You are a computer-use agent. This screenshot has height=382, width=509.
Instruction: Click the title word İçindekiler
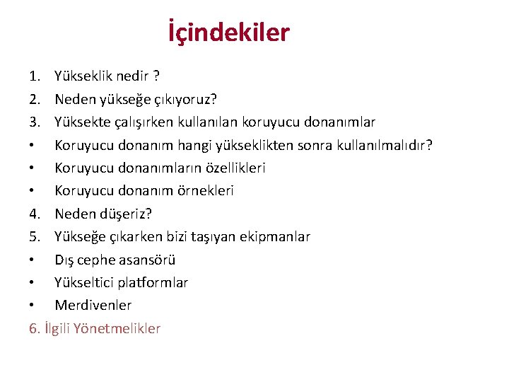point(229,33)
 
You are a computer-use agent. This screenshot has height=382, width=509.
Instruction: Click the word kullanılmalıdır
point(381,145)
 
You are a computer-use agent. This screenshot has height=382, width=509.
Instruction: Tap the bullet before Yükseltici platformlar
point(33,283)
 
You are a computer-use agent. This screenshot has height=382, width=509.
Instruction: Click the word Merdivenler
point(93,306)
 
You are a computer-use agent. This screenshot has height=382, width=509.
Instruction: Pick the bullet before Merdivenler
point(33,306)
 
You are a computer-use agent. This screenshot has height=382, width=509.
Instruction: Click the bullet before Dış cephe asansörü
point(33,260)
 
